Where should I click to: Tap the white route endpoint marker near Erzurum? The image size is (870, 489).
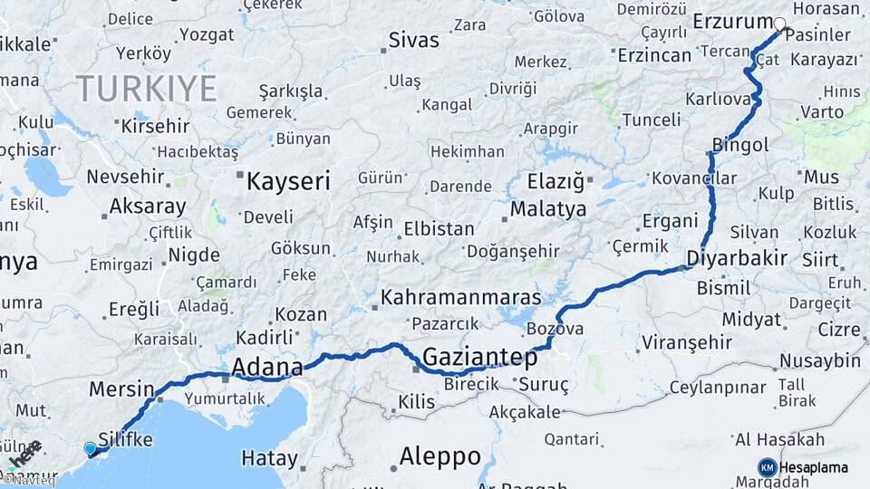click(780, 24)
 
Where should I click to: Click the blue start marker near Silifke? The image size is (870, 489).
click(90, 448)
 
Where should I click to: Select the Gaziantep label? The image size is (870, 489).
click(480, 357)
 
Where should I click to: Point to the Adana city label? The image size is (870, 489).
click(266, 368)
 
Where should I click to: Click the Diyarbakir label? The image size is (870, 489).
click(736, 257)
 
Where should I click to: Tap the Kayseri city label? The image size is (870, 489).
click(288, 181)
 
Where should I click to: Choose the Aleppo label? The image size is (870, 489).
click(440, 456)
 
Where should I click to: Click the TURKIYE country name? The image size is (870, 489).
click(146, 89)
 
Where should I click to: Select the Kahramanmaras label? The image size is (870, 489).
click(460, 297)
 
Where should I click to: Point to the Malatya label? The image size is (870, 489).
click(547, 209)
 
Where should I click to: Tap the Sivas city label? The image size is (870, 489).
click(413, 41)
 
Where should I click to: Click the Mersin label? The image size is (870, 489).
click(121, 389)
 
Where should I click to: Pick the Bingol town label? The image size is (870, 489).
click(740, 145)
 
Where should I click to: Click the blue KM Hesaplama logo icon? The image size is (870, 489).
click(768, 467)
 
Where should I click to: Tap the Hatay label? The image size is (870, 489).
click(269, 458)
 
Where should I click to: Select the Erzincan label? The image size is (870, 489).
click(654, 55)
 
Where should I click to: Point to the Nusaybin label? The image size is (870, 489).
click(820, 361)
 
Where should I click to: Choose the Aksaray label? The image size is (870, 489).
click(147, 206)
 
